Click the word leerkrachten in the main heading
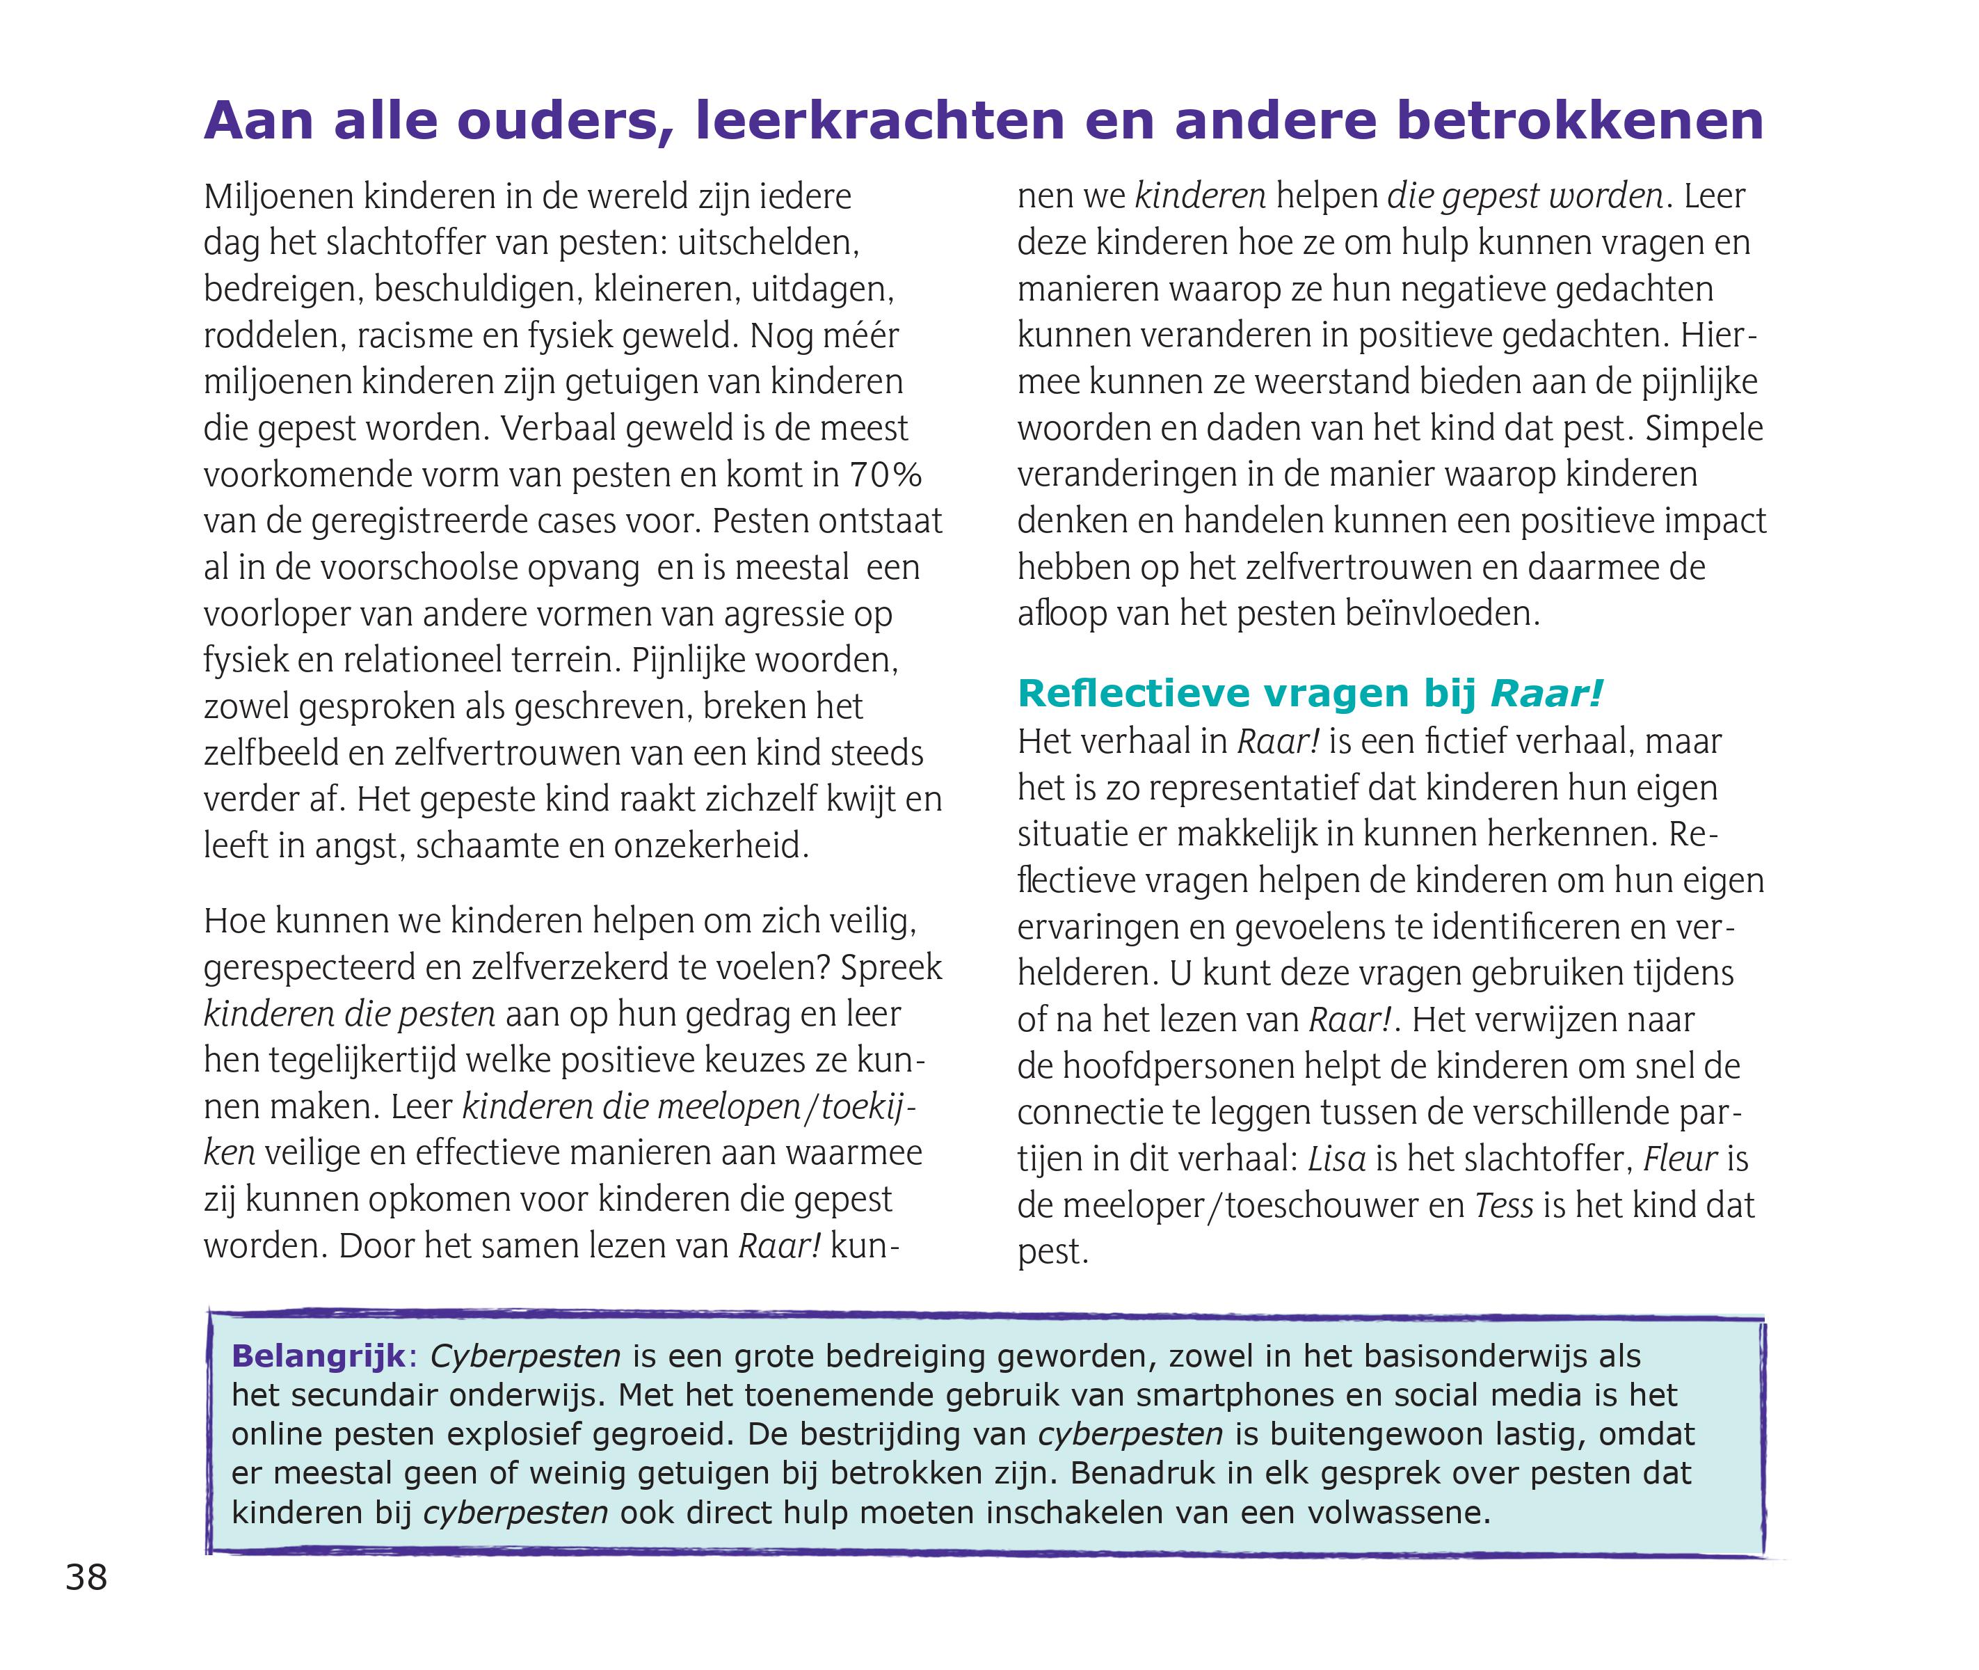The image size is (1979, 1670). click(879, 121)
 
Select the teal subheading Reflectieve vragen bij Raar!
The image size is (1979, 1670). click(1310, 694)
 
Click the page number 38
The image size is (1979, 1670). click(86, 1577)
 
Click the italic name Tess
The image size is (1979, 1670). click(1504, 1205)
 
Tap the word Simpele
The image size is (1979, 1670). click(1704, 428)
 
